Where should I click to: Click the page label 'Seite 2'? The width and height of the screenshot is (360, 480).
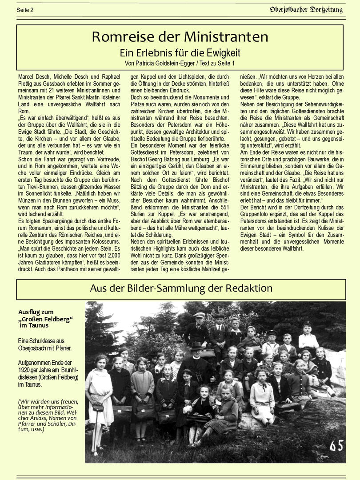pos(25,10)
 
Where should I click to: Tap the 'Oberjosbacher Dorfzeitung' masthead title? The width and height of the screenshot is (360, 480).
pos(306,9)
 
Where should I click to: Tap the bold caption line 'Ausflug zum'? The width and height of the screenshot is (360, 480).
pos(36,312)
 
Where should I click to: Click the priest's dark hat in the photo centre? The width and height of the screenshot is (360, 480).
pos(196,345)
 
